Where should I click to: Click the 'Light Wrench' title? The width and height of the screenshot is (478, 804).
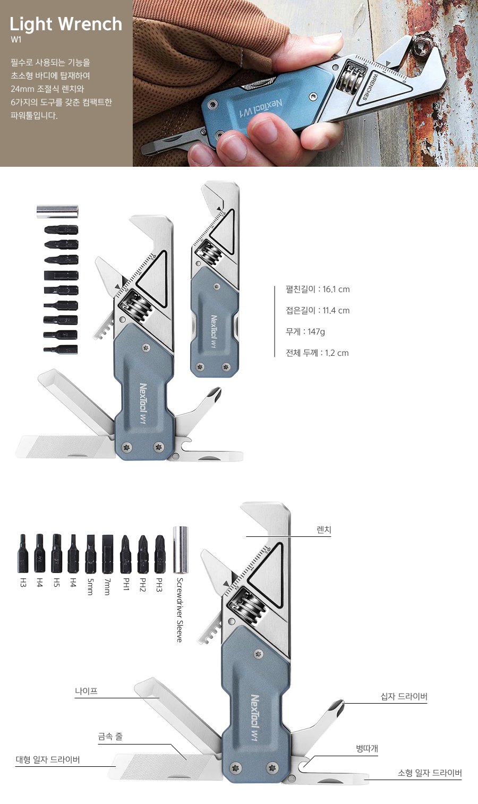click(x=66, y=24)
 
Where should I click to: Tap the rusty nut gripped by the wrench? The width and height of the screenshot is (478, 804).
click(x=420, y=48)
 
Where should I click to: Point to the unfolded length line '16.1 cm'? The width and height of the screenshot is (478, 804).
click(x=318, y=289)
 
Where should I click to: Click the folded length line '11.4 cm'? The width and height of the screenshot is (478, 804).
click(x=318, y=310)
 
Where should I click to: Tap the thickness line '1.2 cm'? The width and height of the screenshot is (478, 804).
click(x=317, y=353)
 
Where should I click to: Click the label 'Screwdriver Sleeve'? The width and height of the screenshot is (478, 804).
click(x=180, y=610)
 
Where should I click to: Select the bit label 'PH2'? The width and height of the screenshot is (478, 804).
click(x=142, y=585)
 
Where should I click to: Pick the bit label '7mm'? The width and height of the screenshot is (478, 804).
click(x=107, y=586)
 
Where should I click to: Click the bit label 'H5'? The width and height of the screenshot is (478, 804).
click(x=56, y=583)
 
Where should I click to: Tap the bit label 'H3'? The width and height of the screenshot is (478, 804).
click(x=23, y=583)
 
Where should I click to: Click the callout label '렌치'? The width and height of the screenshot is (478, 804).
click(x=323, y=529)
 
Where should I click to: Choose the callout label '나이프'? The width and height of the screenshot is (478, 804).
click(x=86, y=690)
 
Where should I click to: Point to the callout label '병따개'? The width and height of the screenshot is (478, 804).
click(x=367, y=748)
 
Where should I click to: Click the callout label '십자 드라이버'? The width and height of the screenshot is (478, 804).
click(x=404, y=696)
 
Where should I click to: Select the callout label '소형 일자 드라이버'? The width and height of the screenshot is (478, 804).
click(x=429, y=773)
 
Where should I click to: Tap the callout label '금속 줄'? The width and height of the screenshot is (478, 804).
click(x=110, y=736)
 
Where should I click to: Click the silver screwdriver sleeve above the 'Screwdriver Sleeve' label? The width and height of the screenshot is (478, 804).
click(x=181, y=550)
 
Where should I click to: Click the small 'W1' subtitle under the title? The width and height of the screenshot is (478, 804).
click(x=16, y=40)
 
